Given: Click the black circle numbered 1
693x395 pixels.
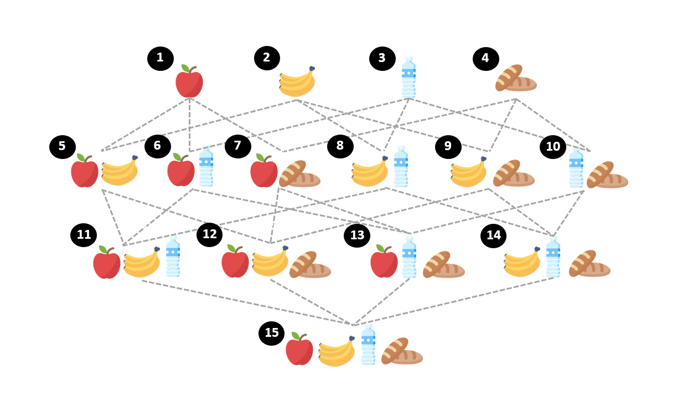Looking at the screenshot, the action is click(161, 59).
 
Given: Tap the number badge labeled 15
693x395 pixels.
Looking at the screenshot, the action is click(271, 334).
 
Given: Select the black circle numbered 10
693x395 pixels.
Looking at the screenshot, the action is click(553, 147).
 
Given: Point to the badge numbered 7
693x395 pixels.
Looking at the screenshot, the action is click(237, 146).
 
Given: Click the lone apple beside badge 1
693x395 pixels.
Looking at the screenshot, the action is click(189, 81).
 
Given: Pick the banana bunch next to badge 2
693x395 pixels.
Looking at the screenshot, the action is click(297, 81).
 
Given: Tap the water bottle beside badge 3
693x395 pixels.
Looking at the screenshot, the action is click(408, 78).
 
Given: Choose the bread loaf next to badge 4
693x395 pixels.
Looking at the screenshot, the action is click(516, 78).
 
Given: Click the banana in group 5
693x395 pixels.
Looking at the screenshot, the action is click(120, 171).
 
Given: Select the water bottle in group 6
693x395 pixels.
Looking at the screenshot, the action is click(206, 166).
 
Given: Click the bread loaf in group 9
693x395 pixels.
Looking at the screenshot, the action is click(514, 173).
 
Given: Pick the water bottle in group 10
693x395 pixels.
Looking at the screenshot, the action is click(576, 167).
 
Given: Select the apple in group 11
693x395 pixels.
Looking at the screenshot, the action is click(107, 262).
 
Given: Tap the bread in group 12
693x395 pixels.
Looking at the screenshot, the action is click(310, 264).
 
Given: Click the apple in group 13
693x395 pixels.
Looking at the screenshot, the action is click(384, 261).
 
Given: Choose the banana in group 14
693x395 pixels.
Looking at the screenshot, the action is click(522, 262).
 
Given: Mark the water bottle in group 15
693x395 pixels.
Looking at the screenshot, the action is click(368, 345).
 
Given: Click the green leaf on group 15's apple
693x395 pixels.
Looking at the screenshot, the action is click(296, 336).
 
